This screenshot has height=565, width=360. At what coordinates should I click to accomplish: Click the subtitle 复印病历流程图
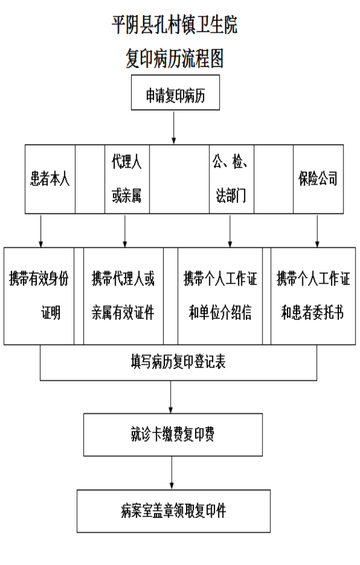pyautogui.click(x=175, y=58)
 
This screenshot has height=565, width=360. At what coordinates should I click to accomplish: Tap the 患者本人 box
pyautogui.click(x=50, y=179)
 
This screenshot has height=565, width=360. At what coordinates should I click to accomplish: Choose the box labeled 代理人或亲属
pyautogui.click(x=127, y=179)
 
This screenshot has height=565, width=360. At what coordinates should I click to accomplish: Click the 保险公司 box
pyautogui.click(x=318, y=179)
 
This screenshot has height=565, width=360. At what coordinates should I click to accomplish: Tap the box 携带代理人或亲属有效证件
pyautogui.click(x=123, y=296)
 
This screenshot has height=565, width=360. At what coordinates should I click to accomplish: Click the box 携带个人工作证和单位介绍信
pyautogui.click(x=220, y=296)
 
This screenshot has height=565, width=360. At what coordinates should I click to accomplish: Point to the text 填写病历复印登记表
pyautogui.click(x=178, y=362)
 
